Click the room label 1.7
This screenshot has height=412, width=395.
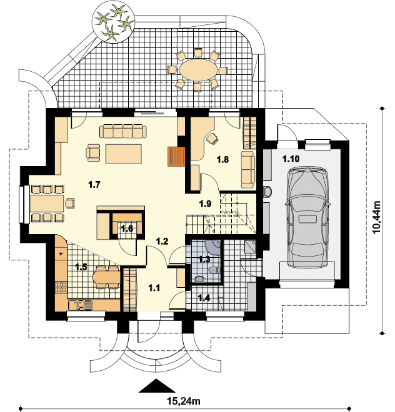(94, 185)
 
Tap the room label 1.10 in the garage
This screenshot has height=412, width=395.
(291, 159)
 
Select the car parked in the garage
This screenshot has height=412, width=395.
(307, 217)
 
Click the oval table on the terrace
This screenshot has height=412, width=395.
(199, 70)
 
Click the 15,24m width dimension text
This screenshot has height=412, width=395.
(184, 401)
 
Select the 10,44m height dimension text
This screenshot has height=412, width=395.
(377, 217)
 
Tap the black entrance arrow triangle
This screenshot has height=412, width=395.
(157, 386)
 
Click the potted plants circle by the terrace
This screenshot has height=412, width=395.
(113, 23)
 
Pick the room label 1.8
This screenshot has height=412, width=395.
(222, 159)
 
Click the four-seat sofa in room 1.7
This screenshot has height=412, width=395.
(123, 131)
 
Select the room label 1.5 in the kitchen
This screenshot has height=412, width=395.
(81, 267)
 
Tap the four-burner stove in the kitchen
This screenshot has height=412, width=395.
(61, 287)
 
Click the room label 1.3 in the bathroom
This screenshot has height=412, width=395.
(204, 260)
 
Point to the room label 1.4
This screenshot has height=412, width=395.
(204, 298)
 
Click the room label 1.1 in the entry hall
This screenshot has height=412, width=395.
(154, 288)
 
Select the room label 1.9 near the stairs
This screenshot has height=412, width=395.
(205, 204)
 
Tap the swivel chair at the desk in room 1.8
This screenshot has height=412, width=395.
(212, 138)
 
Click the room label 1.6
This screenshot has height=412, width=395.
(127, 228)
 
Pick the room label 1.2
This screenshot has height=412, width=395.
(162, 241)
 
